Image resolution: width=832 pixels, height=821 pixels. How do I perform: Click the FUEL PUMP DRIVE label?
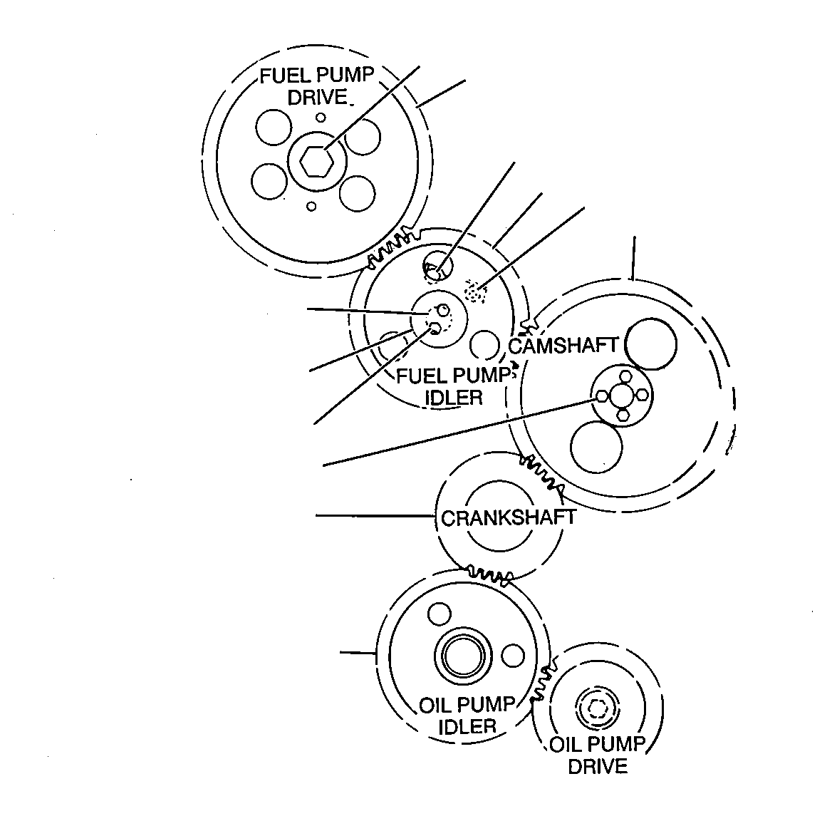(x=317, y=86)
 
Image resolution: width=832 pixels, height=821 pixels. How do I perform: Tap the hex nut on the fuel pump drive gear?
(x=317, y=160)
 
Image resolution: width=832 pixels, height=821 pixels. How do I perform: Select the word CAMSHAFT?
(x=563, y=346)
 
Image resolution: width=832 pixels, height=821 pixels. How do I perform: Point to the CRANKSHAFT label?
(x=508, y=517)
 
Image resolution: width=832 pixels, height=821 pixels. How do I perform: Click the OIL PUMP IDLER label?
(x=467, y=716)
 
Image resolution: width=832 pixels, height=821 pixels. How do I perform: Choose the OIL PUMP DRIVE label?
(x=598, y=755)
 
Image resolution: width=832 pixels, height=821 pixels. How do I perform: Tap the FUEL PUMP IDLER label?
(x=454, y=386)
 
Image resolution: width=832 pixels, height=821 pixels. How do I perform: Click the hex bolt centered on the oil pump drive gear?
(x=598, y=707)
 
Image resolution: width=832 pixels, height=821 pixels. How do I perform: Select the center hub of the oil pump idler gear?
(x=459, y=655)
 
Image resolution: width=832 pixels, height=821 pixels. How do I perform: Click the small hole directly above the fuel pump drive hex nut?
(x=321, y=118)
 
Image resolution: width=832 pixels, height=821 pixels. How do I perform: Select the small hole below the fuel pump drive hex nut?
(x=311, y=206)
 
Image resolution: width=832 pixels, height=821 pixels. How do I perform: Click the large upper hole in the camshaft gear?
(x=651, y=344)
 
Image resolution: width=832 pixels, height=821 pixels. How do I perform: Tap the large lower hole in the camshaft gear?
(x=596, y=447)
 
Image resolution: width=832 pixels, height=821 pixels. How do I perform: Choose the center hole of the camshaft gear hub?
(x=621, y=396)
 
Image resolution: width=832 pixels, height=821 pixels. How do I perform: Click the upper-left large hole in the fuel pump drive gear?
(x=274, y=128)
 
